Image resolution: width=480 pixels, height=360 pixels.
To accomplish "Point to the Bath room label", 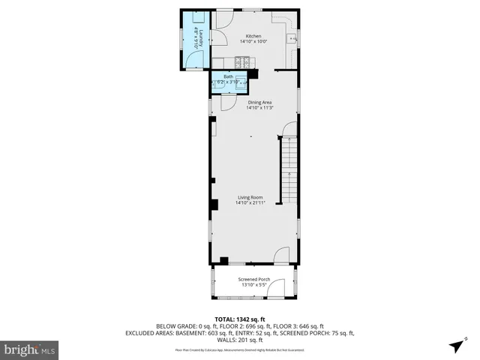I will tap(229, 76).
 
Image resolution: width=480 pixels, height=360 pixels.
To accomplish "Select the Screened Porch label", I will tap(255, 279).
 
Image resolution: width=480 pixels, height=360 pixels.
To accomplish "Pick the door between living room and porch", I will tap(281, 256).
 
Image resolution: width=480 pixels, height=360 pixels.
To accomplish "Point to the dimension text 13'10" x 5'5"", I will tap(255, 285).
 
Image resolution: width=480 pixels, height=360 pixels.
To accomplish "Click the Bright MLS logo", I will tap(30, 349).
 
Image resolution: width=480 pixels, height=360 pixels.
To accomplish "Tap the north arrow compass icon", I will tap(456, 346).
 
